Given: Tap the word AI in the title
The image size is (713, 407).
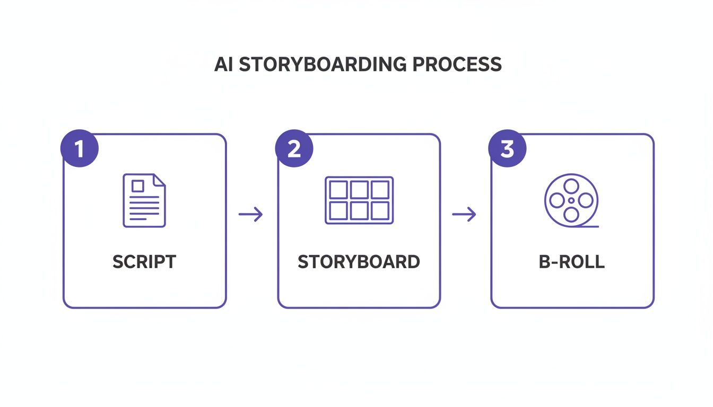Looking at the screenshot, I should (x=223, y=64).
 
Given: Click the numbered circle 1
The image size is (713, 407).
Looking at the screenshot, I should (x=80, y=149).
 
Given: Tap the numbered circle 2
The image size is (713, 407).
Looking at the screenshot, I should (x=294, y=149).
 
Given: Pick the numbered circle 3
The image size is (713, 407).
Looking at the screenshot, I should (x=507, y=149).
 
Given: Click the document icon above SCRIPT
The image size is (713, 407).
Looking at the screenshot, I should (x=144, y=200).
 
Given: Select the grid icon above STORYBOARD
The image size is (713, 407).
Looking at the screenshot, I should (x=359, y=200).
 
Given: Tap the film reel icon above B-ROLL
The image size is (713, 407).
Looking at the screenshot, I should (x=571, y=200).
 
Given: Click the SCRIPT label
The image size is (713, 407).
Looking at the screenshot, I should (x=144, y=262).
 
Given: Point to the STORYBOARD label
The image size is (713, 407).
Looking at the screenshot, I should (x=359, y=262).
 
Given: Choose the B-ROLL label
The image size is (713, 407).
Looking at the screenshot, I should (x=571, y=262).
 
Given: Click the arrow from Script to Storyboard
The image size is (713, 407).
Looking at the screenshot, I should (x=251, y=214).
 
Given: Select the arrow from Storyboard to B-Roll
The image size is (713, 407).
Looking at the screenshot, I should (x=464, y=214).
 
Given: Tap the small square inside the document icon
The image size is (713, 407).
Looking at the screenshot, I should (x=137, y=185).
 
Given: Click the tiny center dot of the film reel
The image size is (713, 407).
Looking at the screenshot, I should (x=571, y=200).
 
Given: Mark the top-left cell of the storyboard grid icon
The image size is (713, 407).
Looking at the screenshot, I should (x=338, y=190).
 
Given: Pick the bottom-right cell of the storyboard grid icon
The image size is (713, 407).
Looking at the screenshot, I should (x=380, y=210).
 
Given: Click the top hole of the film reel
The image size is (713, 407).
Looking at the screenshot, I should (x=571, y=186).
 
